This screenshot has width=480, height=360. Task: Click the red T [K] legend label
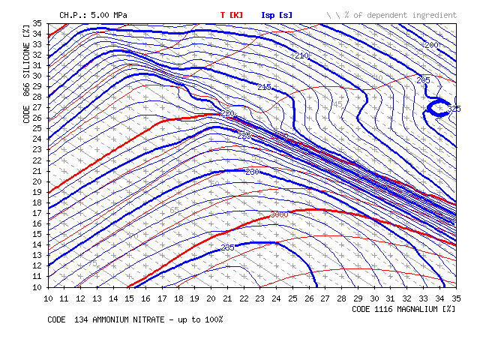click(231, 15)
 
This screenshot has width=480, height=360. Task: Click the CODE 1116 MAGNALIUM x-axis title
click(403, 308)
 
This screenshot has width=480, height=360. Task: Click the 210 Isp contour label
click(302, 56)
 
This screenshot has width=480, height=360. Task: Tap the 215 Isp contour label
click(264, 88)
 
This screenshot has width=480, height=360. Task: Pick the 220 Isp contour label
click(228, 113)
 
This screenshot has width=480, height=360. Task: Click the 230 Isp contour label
click(251, 172)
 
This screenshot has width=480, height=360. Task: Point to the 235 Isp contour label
click(228, 247)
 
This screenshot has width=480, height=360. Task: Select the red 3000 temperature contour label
click(278, 214)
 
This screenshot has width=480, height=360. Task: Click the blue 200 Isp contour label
click(431, 45)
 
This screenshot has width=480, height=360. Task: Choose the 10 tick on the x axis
click(49, 298)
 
